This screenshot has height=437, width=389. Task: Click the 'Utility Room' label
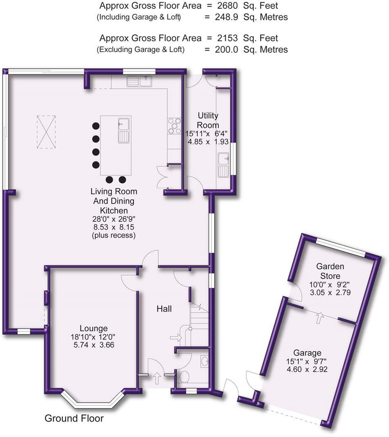click(x=208, y=120)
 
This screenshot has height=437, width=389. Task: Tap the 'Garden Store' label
click(x=330, y=271)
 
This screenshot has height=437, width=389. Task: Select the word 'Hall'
click(x=164, y=309)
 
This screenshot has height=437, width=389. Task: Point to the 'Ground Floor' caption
click(x=74, y=418)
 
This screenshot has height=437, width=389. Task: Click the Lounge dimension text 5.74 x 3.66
click(x=94, y=345)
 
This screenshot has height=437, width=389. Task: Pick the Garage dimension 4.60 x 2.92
click(x=307, y=369)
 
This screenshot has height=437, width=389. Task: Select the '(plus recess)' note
click(x=114, y=235)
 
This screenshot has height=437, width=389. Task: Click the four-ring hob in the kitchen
click(x=174, y=126)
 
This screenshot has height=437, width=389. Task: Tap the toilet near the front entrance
click(x=184, y=377)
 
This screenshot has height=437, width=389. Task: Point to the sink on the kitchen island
click(x=124, y=130)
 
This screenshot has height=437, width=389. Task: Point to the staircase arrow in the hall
click(x=176, y=338)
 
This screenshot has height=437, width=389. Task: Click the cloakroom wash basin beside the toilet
click(x=205, y=361)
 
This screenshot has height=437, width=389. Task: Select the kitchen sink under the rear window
click(x=139, y=81)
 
